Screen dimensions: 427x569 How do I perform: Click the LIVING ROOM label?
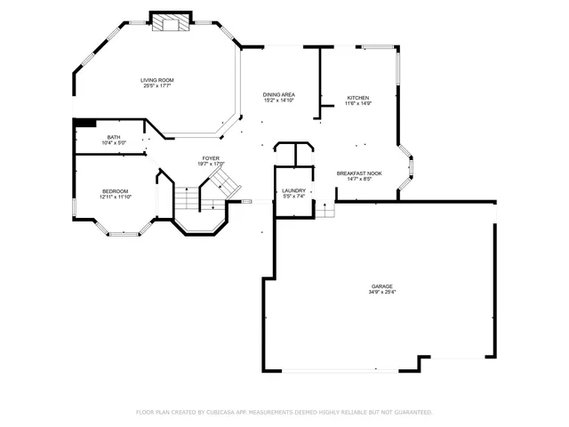tap(156, 80)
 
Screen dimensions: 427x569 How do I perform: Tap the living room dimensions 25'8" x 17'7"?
tap(156, 86)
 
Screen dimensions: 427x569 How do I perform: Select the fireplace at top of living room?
tap(169, 23)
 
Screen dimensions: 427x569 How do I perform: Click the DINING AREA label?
tap(278, 94)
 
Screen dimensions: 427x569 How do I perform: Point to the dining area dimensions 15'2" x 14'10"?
tap(278, 101)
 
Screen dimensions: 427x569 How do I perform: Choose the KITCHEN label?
tap(357, 98)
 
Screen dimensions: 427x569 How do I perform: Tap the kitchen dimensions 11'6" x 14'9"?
tap(357, 104)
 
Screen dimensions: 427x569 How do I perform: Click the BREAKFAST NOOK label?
tap(358, 173)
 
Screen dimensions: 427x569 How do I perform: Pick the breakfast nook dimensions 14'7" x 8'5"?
tap(358, 179)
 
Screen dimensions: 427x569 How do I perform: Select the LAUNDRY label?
tap(293, 190)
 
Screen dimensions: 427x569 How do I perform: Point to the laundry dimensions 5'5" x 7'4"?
tap(293, 197)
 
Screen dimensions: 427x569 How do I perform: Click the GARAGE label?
tap(382, 286)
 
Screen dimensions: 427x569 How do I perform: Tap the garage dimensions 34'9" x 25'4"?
tap(382, 292)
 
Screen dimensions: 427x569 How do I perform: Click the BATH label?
tap(114, 137)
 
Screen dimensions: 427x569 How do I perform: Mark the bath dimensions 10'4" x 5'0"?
tap(114, 143)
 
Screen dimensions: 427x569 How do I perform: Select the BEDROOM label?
tap(116, 190)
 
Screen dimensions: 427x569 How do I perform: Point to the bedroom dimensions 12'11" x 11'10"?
tap(116, 197)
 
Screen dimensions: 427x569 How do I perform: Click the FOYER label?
tap(210, 158)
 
